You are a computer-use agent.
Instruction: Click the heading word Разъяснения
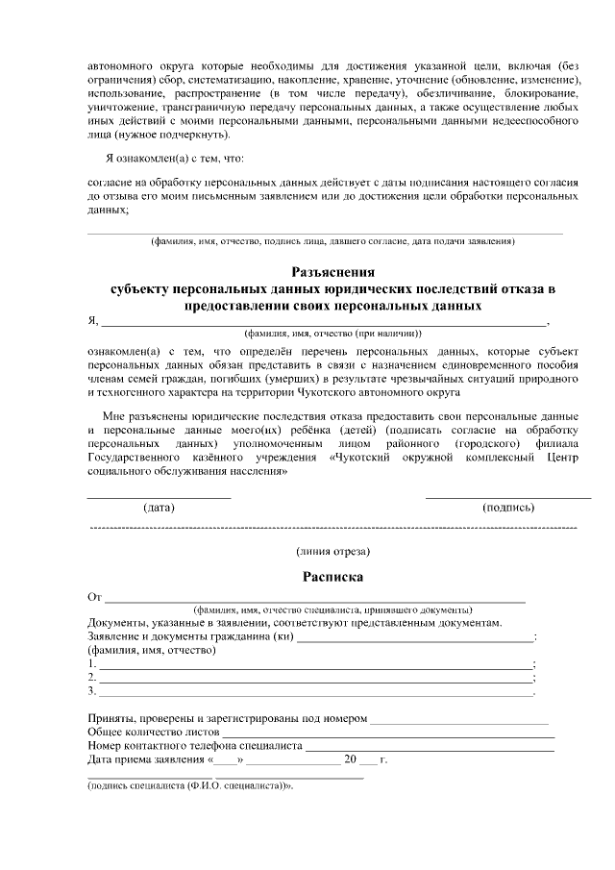tap(332, 272)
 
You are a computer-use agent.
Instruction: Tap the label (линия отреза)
tap(332, 551)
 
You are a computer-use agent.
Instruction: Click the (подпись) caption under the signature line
tap(508, 507)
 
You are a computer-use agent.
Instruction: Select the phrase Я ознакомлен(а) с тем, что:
tap(174, 158)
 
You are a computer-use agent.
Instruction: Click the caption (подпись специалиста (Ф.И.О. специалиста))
tap(189, 784)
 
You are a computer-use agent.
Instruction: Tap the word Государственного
tap(135, 459)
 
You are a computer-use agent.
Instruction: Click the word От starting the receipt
tap(94, 598)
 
